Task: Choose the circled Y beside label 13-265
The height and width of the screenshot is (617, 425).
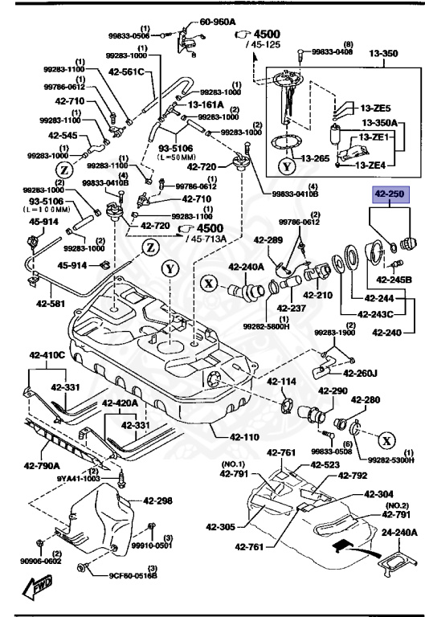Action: pos(287,169)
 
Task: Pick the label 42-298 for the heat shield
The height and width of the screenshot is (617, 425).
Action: pos(158,501)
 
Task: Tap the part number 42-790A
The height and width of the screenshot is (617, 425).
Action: pos(40,464)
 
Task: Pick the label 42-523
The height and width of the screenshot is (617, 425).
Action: pos(327,465)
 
